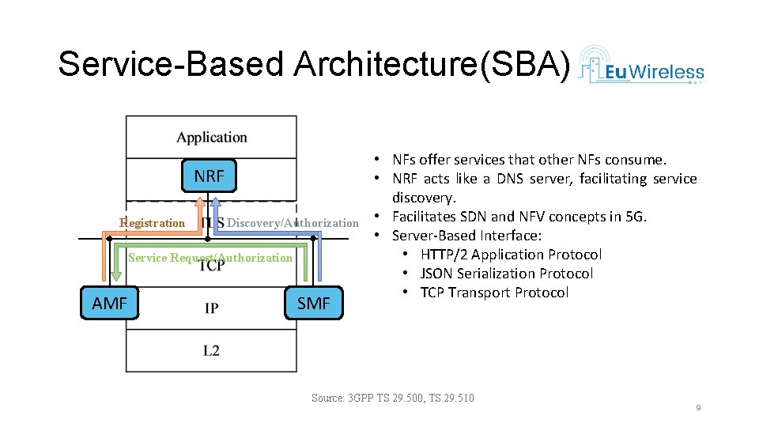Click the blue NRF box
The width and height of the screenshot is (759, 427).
(209, 176)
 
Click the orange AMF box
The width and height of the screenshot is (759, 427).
(109, 303)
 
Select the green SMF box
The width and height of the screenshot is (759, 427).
(314, 303)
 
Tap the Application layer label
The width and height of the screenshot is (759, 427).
(211, 138)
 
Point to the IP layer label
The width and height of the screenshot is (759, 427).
(211, 307)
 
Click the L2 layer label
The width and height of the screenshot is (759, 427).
(211, 350)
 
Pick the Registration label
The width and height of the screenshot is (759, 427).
(152, 223)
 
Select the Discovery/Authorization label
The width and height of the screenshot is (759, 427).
(293, 223)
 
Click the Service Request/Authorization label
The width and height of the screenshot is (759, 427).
(210, 258)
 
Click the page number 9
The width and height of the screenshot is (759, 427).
(698, 407)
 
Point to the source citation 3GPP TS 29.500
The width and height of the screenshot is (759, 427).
(393, 398)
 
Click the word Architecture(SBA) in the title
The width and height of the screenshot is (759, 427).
(431, 64)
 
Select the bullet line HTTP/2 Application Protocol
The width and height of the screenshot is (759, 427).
(511, 255)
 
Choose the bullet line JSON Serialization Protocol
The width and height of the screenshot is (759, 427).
(507, 274)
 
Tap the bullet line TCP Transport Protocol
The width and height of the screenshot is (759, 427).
(494, 293)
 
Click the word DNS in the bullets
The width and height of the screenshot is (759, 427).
(511, 179)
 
